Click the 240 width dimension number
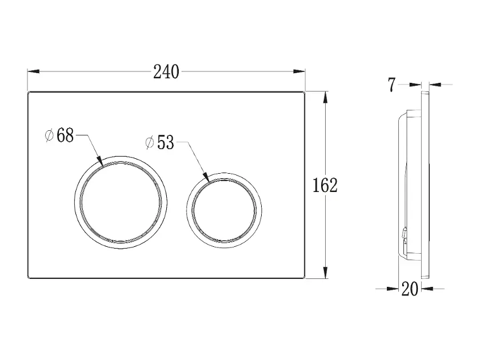click(166, 72)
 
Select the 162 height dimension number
click(325, 185)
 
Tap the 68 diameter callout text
click(65, 135)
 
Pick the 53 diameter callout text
click(165, 142)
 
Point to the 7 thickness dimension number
click(392, 85)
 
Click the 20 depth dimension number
click(410, 289)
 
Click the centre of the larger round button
click(121, 202)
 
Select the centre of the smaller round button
click(224, 210)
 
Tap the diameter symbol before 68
click(49, 135)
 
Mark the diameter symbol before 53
click(149, 143)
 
